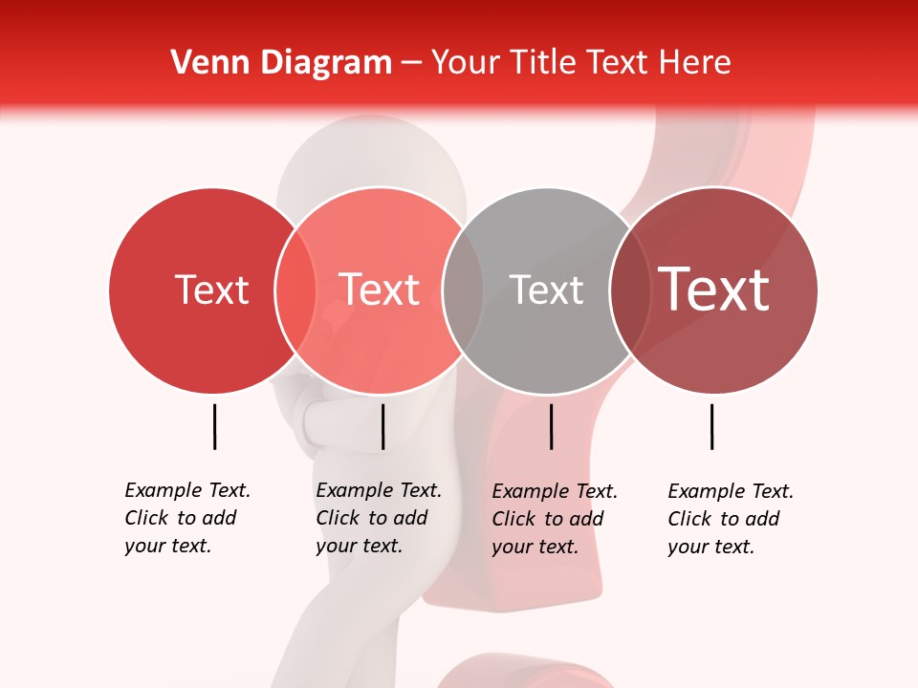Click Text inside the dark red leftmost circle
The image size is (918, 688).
click(211, 290)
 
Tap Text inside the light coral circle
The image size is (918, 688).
click(380, 290)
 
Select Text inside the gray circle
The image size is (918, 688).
click(546, 290)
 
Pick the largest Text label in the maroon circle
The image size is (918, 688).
click(713, 290)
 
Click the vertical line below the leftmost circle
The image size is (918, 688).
click(214, 426)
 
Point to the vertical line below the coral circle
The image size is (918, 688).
click(382, 426)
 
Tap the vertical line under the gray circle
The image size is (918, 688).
click(551, 426)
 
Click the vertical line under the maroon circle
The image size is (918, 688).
click(711, 426)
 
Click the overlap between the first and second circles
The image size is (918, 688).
click(295, 290)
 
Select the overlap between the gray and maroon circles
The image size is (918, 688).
click(628, 290)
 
